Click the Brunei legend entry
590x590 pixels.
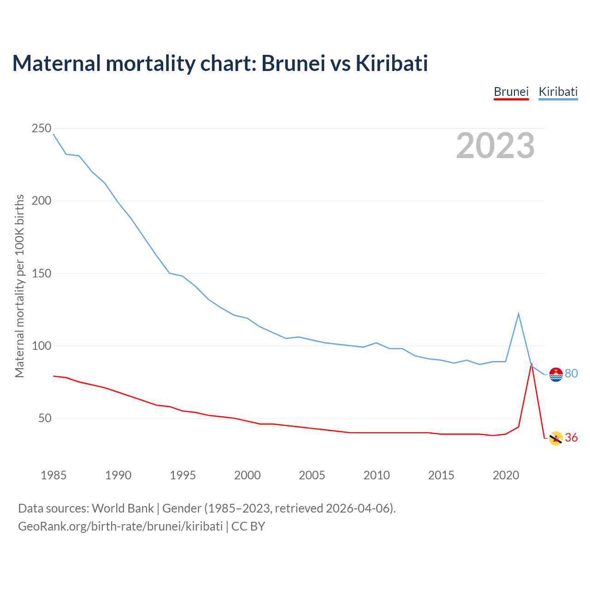(x=511, y=92)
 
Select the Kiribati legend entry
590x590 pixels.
(x=558, y=92)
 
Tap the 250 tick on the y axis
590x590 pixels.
(x=41, y=129)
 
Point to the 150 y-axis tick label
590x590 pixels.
(x=41, y=273)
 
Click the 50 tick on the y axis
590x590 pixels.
(x=45, y=419)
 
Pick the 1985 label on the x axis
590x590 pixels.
(x=53, y=475)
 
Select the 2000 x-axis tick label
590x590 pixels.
(x=248, y=475)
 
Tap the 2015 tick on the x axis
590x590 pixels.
(x=441, y=475)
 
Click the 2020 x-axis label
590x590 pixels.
(x=506, y=475)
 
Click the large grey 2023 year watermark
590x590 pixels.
(x=495, y=146)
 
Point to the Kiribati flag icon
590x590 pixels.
(x=556, y=374)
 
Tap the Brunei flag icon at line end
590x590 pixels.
(x=556, y=438)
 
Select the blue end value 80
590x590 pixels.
(x=571, y=374)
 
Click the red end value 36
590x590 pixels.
(x=571, y=438)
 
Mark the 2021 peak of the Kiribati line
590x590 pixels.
(x=519, y=314)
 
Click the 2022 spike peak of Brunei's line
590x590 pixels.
(x=531, y=364)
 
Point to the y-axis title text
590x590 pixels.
(x=19, y=286)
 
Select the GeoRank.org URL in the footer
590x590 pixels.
(x=120, y=526)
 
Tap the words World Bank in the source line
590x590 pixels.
(x=123, y=508)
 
